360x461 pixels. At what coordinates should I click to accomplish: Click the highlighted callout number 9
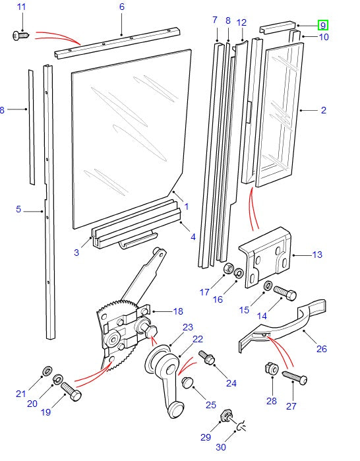pos(322,26)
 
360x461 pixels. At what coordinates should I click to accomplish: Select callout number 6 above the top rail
pos(121,7)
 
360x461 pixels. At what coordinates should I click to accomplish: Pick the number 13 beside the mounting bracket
pos(317,254)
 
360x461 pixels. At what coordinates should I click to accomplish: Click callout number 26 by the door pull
pos(322,349)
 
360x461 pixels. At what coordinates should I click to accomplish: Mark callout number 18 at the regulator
pos(178,311)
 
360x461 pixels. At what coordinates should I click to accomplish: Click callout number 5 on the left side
pos(18,210)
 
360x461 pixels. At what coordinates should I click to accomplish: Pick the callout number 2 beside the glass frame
pos(323,110)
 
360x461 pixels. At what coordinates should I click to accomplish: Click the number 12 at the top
pos(241,22)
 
